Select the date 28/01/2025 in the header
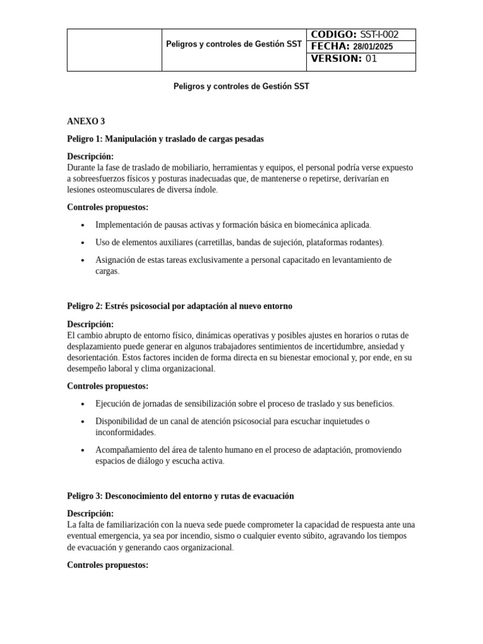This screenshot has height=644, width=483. tap(372, 47)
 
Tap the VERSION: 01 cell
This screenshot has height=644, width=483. tap(360, 59)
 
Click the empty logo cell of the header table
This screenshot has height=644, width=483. tap(114, 50)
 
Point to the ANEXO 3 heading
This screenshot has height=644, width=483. tap(86, 121)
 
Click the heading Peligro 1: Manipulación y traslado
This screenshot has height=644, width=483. tap(165, 138)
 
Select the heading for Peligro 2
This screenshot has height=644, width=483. tap(179, 306)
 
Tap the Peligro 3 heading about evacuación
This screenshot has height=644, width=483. tap(180, 496)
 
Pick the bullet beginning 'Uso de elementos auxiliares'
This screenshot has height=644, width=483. tap(239, 242)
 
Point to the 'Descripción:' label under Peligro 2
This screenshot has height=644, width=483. tap(91, 324)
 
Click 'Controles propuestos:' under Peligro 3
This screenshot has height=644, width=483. tap(108, 565)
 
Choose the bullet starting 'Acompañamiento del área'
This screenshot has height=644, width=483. tap(248, 450)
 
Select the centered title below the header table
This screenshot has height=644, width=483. tap(241, 87)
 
